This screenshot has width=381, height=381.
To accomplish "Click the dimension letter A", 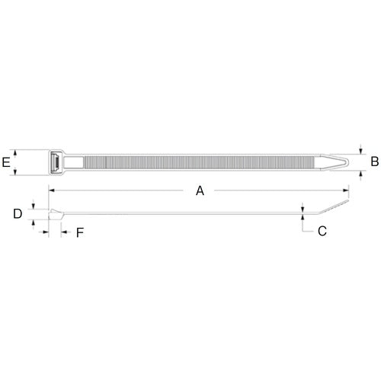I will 200,191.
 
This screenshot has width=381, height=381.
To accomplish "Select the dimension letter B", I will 375,162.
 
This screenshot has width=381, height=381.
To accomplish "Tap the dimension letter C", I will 322,232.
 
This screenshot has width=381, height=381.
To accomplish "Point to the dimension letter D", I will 18,214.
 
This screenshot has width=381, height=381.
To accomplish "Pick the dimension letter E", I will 6,162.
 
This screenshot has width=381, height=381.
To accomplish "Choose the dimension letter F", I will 80,232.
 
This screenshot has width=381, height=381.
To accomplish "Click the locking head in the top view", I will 56,162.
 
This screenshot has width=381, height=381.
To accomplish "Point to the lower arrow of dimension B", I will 360,174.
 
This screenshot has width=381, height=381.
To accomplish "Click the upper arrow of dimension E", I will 17,152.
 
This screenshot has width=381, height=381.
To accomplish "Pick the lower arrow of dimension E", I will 17,172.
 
